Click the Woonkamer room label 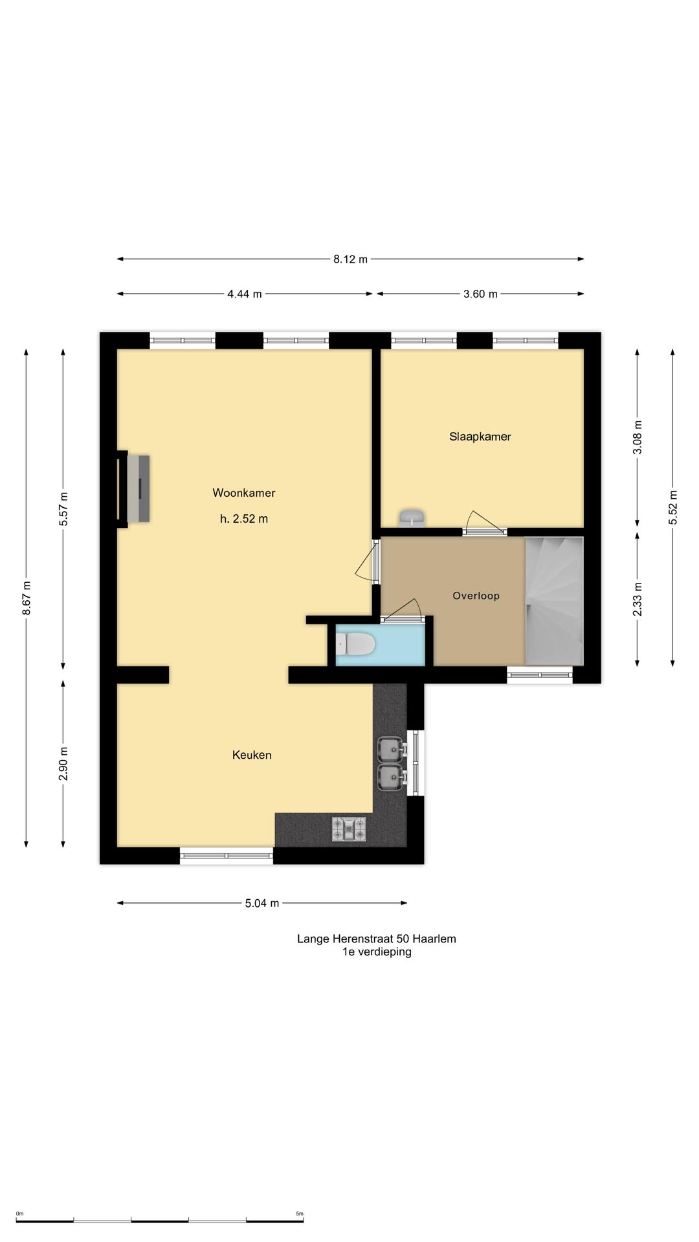point(244,493)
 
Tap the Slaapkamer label point(480,437)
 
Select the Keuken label point(252,755)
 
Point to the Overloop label point(476,596)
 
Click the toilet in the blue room point(355,645)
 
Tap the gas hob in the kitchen point(349,829)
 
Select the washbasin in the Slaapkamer point(412,517)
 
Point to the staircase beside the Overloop point(554,601)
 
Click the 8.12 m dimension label point(350,259)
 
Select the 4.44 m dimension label point(245,294)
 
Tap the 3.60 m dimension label point(480,294)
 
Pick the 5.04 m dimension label point(262,903)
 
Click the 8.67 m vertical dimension point(27,598)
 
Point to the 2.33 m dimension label point(638,599)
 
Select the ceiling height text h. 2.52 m point(244,519)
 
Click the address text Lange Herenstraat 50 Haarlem point(377,939)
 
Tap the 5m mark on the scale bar point(300,1214)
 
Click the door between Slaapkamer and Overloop point(485,524)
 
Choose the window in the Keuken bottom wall point(227,856)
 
